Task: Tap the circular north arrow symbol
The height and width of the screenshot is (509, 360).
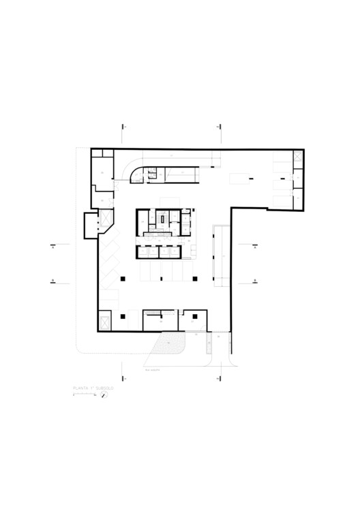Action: click(105, 395)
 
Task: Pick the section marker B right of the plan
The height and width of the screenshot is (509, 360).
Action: click(253, 281)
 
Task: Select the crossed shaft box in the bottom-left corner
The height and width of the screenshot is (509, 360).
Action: click(105, 320)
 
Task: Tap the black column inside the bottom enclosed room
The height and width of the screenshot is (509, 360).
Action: click(196, 316)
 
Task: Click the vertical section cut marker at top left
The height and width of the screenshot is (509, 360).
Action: click(123, 127)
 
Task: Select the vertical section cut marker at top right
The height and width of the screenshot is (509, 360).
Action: click(218, 127)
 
